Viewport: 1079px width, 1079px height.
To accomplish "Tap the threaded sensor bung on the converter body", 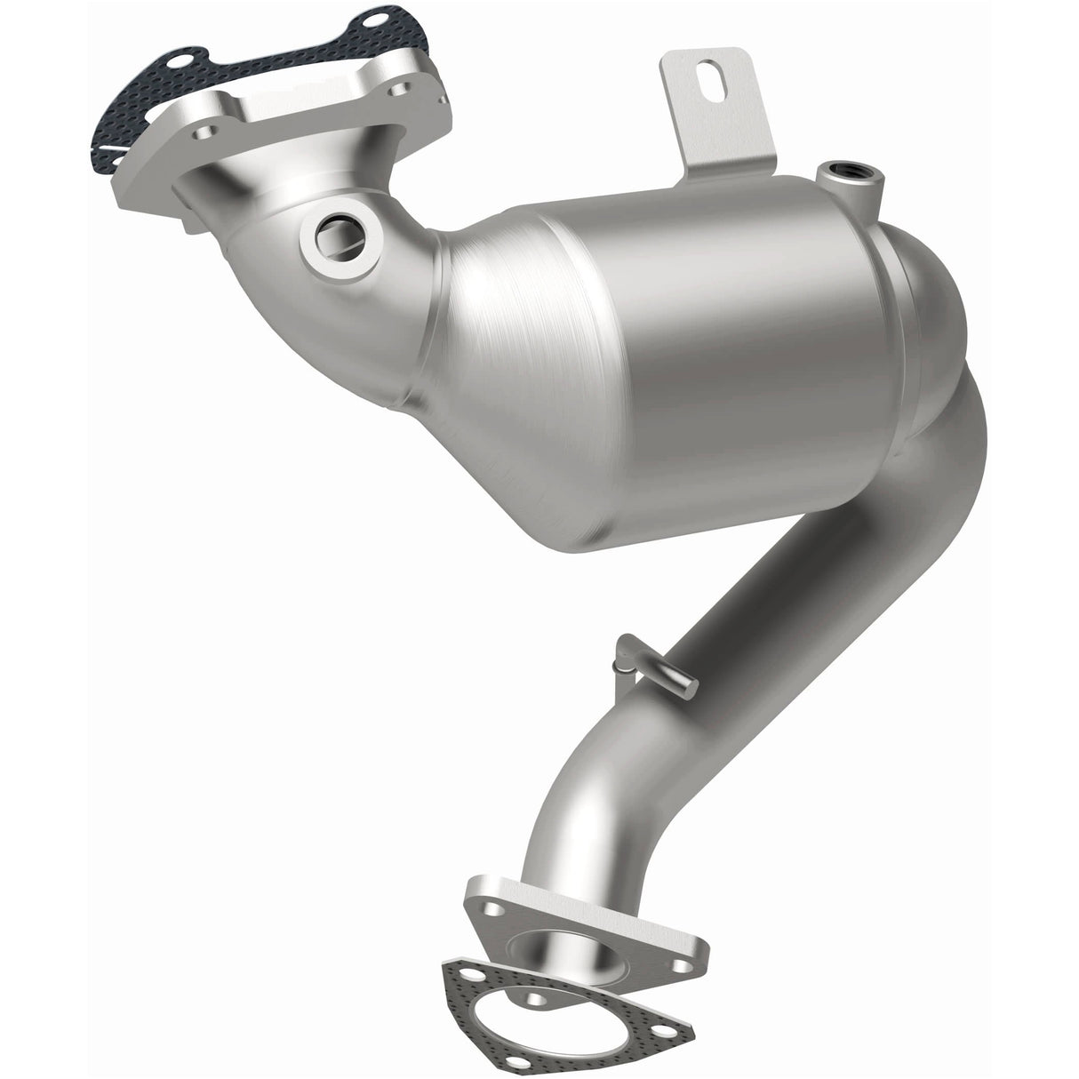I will click(x=840, y=169).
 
